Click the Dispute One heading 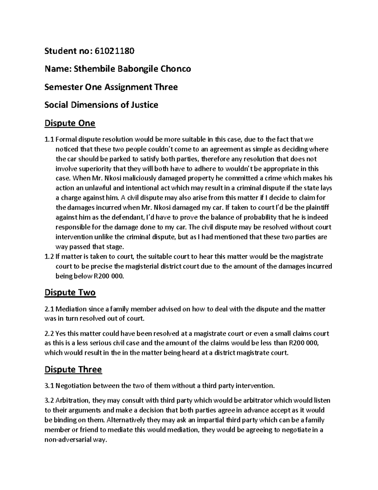point(70,123)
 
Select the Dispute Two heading point(70,292)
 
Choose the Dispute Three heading point(73,369)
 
